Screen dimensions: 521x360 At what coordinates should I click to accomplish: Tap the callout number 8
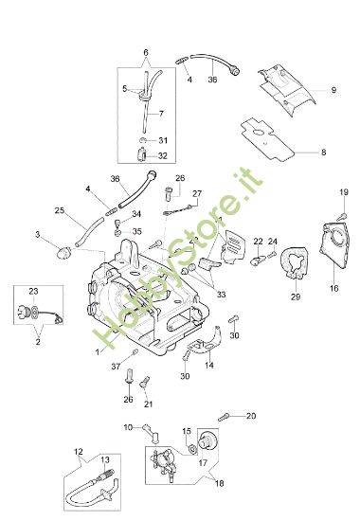click(323, 151)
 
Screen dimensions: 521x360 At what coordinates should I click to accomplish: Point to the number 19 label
click(344, 193)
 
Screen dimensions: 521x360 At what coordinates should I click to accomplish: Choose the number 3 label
click(37, 234)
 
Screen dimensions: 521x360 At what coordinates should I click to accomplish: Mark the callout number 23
click(34, 292)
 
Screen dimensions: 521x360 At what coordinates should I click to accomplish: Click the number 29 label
click(295, 297)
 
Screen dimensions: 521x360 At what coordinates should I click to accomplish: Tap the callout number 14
click(209, 365)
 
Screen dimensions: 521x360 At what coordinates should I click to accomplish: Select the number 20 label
click(250, 415)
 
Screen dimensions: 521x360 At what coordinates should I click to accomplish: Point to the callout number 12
click(79, 450)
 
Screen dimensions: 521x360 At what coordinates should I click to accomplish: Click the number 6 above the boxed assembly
click(145, 51)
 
